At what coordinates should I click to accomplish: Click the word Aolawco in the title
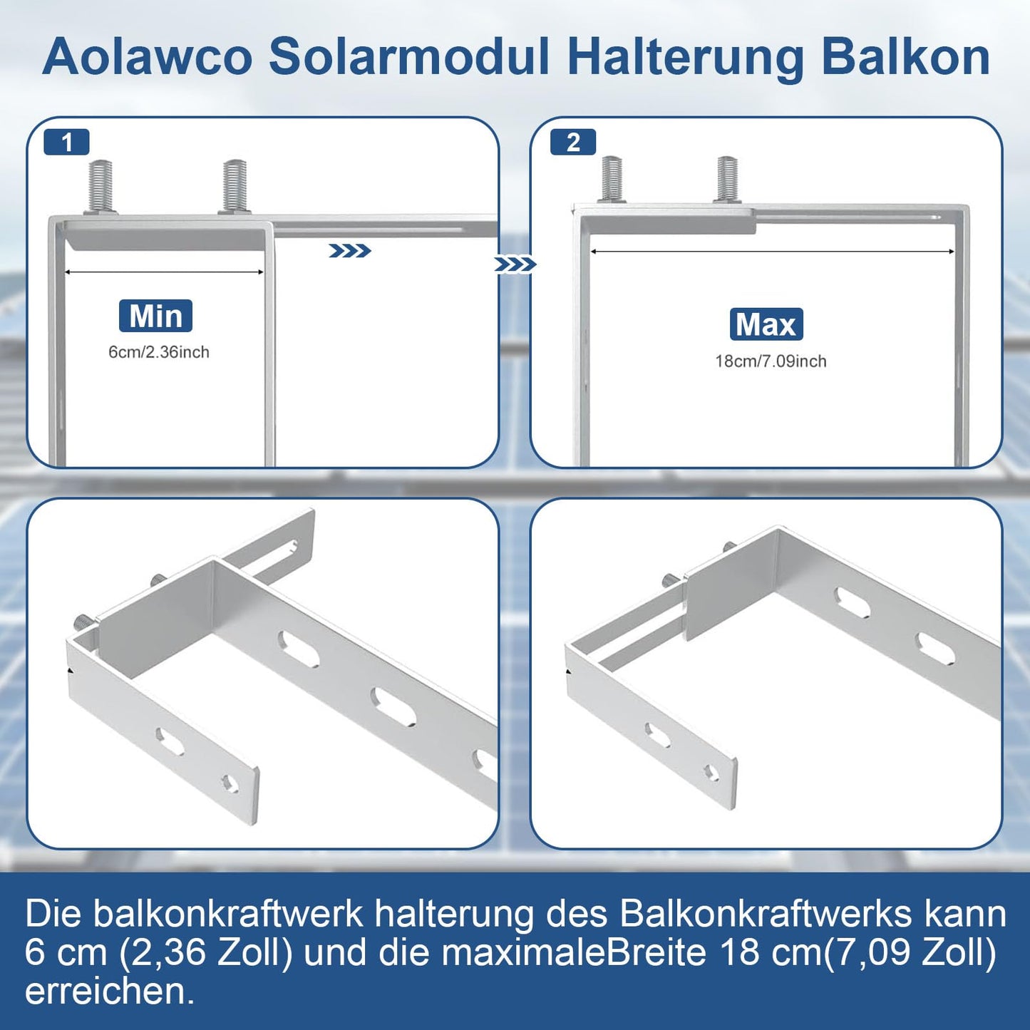pos(148,56)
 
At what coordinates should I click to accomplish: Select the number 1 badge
pos(67,143)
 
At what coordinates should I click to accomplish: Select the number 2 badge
pos(574,143)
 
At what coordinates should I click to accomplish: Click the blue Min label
pos(155,316)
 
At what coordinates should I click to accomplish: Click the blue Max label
pos(766,324)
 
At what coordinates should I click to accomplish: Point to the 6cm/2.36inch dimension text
pos(159,352)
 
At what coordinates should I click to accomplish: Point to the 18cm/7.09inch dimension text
pos(771,361)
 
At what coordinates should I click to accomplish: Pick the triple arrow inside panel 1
pos(349,251)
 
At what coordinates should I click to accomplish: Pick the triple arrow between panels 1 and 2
pos(515,264)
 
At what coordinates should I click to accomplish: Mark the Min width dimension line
pos(164,272)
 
